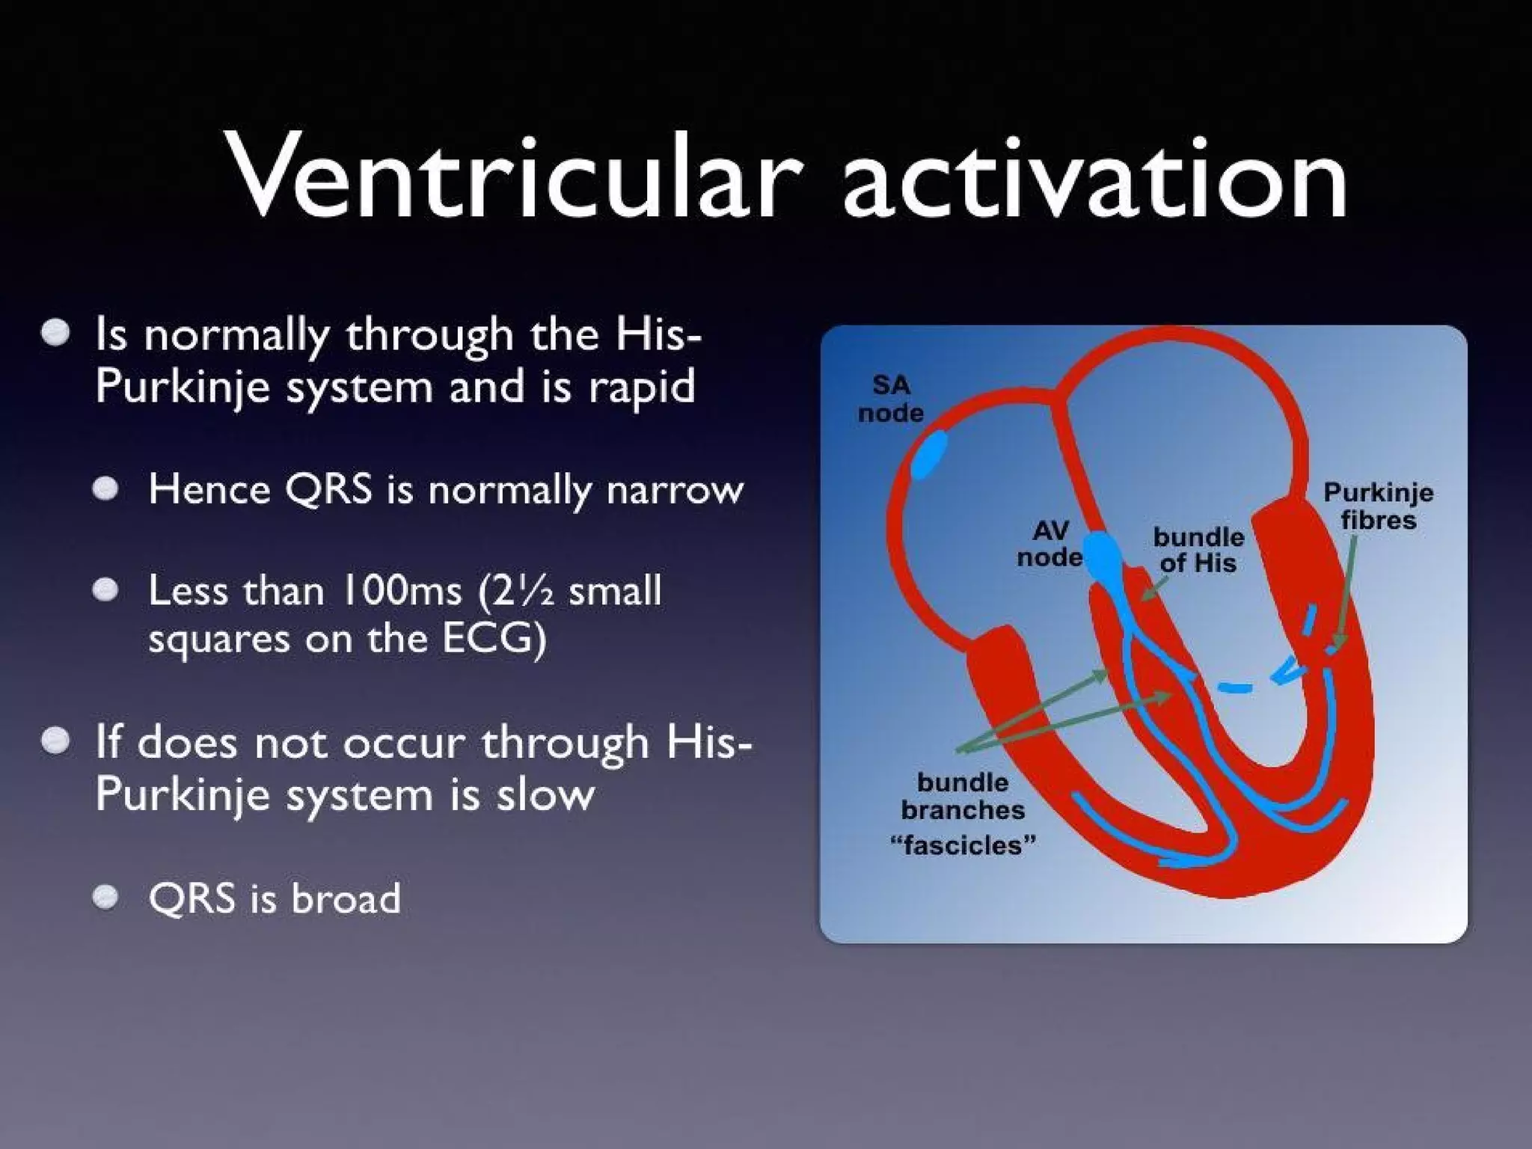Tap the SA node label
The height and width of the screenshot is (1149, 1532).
pyautogui.click(x=890, y=399)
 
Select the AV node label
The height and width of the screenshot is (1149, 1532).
pyautogui.click(x=1050, y=544)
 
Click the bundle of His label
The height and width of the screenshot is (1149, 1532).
pyautogui.click(x=1198, y=550)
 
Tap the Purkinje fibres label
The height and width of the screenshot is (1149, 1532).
pyautogui.click(x=1378, y=506)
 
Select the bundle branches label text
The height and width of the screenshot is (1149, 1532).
pyautogui.click(x=963, y=797)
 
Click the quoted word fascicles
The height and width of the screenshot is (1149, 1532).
pyautogui.click(x=963, y=845)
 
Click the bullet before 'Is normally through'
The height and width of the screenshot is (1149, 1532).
pyautogui.click(x=55, y=333)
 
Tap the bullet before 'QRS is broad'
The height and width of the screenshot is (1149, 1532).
pyautogui.click(x=105, y=896)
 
